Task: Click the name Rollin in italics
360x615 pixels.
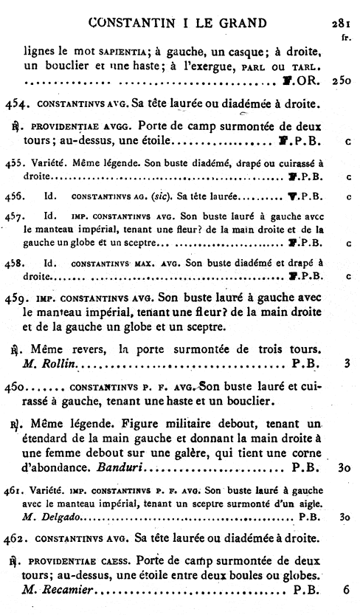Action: (62, 363)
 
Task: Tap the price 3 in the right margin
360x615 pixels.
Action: (347, 363)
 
